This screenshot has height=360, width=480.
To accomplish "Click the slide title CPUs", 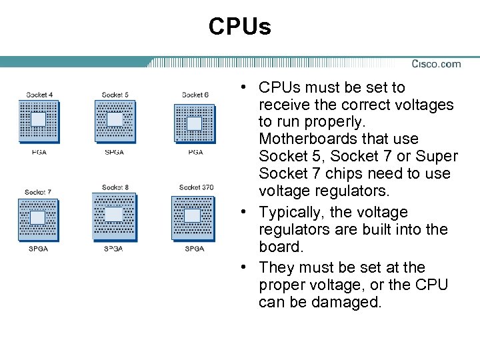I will (x=239, y=27).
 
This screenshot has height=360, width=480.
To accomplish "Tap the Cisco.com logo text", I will (x=436, y=64).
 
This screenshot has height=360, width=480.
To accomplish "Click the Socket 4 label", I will (x=39, y=95).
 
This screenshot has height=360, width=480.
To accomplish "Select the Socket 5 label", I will (x=115, y=95).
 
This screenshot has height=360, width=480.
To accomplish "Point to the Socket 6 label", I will (x=195, y=95).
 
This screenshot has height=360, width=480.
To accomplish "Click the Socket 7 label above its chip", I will (x=37, y=192).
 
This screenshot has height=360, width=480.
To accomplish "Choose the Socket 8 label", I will (x=115, y=187).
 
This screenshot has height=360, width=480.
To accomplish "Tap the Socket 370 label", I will (x=196, y=187).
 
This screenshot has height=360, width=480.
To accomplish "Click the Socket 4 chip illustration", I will (x=39, y=121).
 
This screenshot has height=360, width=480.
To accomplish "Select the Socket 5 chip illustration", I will (x=115, y=121).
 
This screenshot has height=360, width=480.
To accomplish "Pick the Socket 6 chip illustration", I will (x=194, y=123).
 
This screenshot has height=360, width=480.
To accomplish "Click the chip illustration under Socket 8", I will (x=114, y=216).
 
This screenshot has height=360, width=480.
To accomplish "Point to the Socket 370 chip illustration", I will (x=193, y=217).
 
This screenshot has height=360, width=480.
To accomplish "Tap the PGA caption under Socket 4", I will (x=39, y=152).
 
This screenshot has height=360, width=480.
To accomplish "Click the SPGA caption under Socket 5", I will (x=115, y=152).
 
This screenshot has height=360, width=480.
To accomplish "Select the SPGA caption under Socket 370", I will (x=194, y=249).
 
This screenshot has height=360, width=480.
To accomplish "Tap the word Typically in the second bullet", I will (x=296, y=213).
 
